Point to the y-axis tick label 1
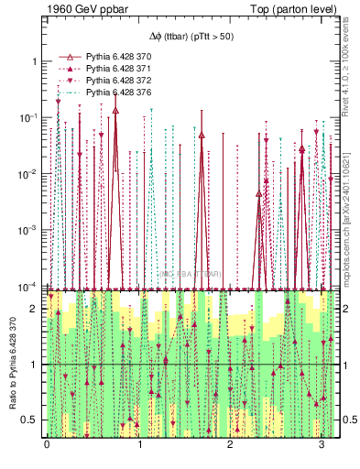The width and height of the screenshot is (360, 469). tap(34, 61)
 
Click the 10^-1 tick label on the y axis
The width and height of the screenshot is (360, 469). tap(29, 118)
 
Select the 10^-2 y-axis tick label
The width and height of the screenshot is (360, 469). tap(29, 175)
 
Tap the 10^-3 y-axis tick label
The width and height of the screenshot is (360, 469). tap(29, 232)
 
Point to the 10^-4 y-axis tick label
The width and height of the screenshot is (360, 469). tap(29, 288)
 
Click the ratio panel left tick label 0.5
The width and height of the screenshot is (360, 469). tap(31, 420)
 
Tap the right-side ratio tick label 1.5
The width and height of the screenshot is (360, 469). tap(346, 337)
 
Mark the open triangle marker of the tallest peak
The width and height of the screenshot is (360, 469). tap(115, 110)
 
